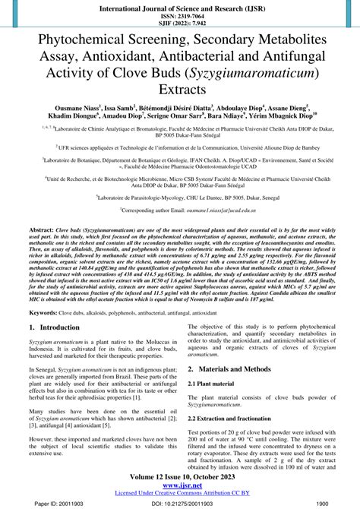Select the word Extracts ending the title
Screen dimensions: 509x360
click(x=180, y=90)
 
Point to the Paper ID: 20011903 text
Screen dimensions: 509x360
click(x=43, y=503)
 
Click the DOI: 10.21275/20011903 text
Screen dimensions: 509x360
click(x=179, y=503)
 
